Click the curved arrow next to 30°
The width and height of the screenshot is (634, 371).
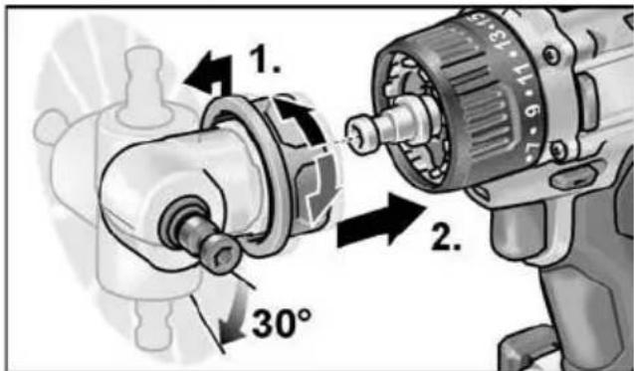(x=230, y=316)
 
